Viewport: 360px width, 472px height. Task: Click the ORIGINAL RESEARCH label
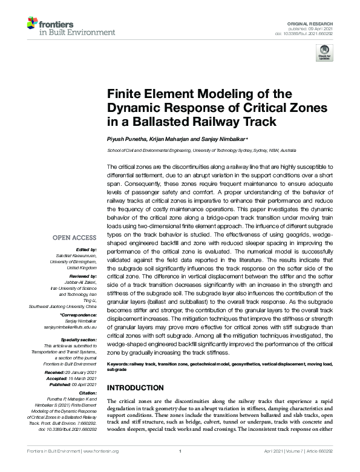tap(313, 22)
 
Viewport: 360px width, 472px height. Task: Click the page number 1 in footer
tap(180, 468)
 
